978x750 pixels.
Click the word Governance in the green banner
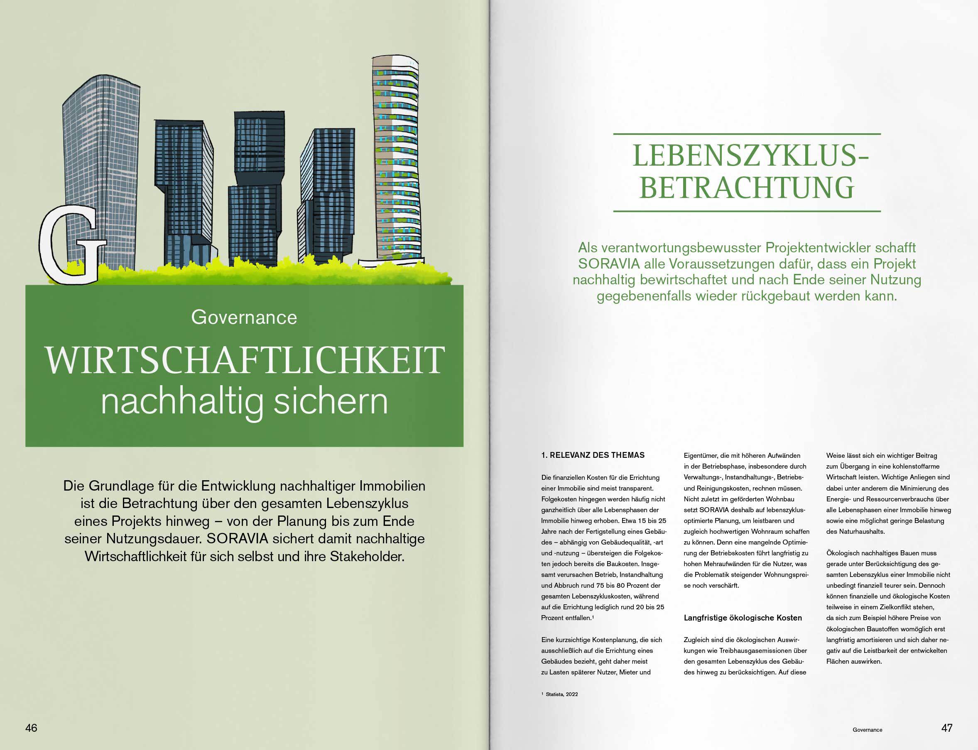[244, 318]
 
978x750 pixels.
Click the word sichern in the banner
[331, 401]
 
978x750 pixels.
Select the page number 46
[31, 728]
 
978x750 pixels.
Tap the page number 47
[947, 728]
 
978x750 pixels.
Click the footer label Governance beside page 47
[867, 730]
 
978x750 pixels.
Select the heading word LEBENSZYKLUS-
[750, 156]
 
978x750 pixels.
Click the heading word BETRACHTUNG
[747, 188]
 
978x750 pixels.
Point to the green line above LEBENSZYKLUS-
[747, 134]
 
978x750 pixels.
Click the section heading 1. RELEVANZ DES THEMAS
[593, 455]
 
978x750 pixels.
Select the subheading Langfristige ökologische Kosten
[743, 618]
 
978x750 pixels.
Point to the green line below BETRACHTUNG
[747, 211]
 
